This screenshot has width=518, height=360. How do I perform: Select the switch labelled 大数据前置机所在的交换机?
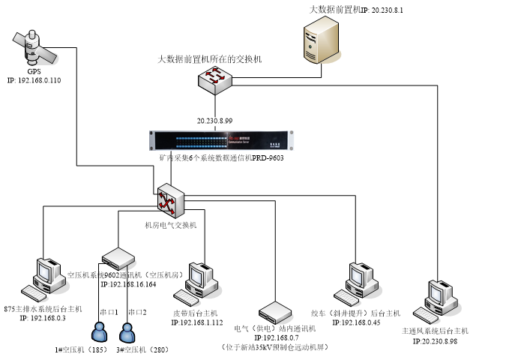click(216, 78)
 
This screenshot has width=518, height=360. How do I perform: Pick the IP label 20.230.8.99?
click(215, 121)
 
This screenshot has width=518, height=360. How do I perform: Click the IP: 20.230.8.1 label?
click(388, 10)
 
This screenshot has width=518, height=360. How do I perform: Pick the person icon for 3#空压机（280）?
click(128, 331)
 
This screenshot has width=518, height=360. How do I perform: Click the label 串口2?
click(137, 311)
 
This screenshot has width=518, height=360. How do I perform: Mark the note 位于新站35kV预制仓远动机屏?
click(275, 347)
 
